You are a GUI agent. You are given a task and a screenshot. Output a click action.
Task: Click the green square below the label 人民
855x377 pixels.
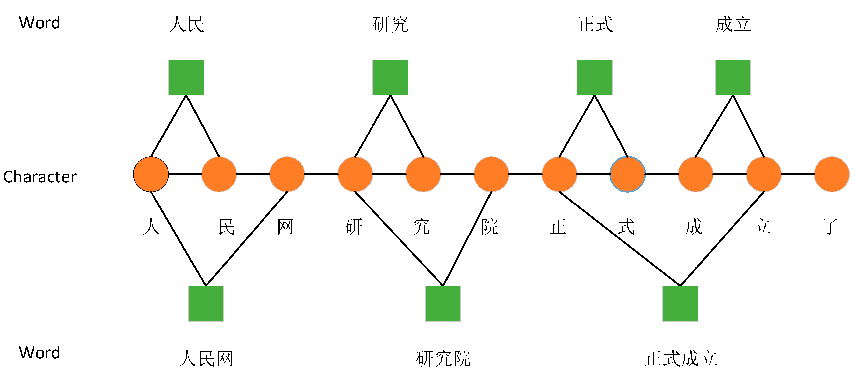[x=186, y=77]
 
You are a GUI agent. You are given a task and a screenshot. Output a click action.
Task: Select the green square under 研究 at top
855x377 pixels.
[x=390, y=77]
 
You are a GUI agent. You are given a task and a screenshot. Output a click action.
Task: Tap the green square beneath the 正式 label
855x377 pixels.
[x=594, y=77]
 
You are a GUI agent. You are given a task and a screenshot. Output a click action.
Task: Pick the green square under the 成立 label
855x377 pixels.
[x=733, y=77]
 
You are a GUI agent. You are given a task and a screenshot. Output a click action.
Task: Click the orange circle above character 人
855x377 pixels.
[x=151, y=174]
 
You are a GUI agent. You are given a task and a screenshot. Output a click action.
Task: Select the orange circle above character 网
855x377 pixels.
[x=287, y=174]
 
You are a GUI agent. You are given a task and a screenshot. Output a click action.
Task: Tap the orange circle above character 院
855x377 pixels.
[x=491, y=174]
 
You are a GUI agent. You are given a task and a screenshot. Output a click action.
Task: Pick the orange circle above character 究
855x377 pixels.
[x=423, y=174]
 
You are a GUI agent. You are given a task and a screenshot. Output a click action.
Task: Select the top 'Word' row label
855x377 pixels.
[x=40, y=23]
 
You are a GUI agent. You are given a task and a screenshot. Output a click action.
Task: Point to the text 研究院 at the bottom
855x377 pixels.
[x=443, y=359]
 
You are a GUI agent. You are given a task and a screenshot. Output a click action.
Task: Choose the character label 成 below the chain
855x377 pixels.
[x=694, y=227]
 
